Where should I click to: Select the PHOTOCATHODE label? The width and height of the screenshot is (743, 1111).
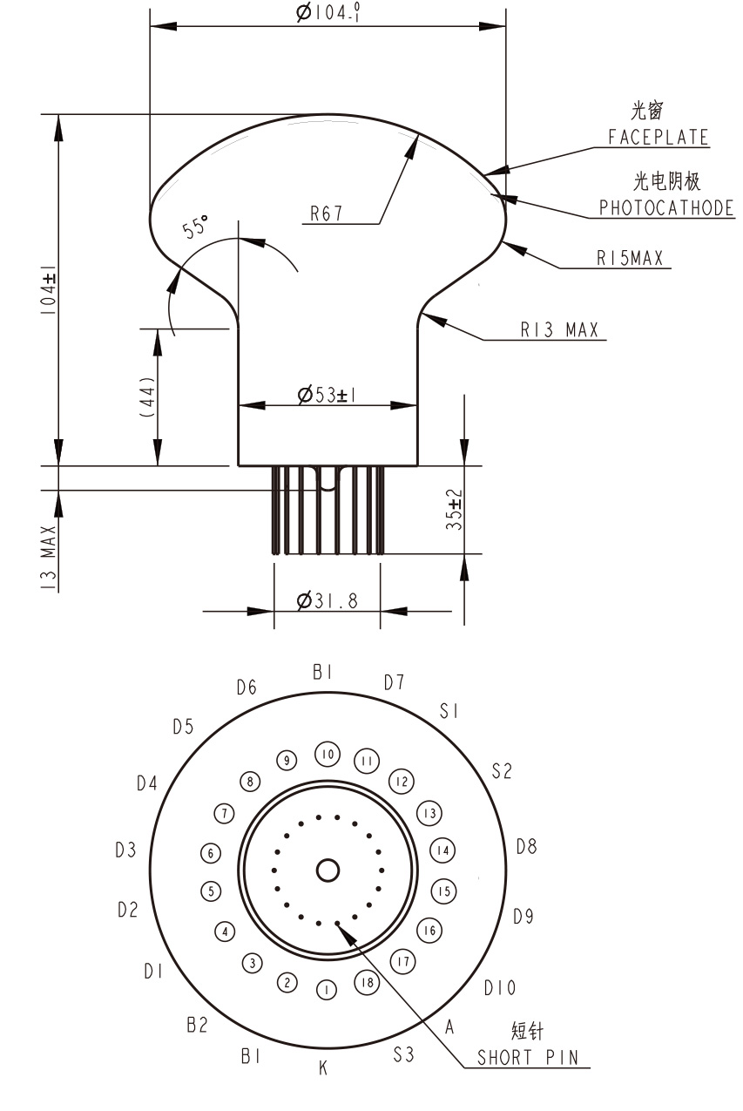(666, 209)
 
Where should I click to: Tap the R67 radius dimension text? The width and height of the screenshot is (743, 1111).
(326, 214)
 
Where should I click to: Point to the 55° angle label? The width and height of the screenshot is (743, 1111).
(196, 227)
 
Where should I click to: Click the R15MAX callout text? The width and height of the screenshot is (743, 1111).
(630, 258)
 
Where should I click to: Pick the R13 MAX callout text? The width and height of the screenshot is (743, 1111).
(559, 330)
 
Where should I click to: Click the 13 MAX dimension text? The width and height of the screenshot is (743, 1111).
(48, 558)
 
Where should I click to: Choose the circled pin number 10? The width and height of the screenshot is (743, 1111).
(327, 754)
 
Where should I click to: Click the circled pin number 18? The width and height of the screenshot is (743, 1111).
(366, 983)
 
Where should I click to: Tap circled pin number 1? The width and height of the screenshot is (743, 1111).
(326, 990)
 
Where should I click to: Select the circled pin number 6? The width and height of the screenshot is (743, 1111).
(210, 854)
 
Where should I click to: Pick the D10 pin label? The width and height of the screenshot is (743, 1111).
(500, 988)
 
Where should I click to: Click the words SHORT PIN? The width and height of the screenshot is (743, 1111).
(532, 1058)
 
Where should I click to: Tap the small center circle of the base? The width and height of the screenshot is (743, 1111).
(328, 870)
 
